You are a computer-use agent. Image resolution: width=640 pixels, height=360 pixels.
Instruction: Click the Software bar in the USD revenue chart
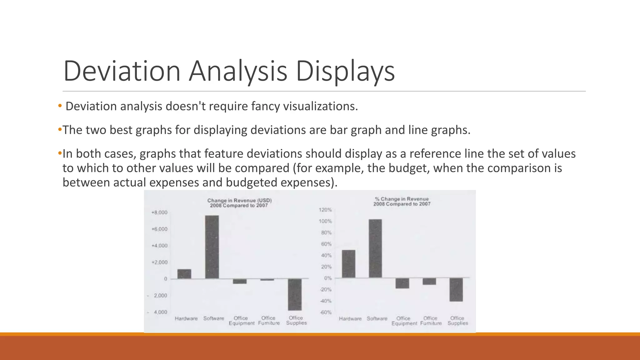click(x=212, y=247)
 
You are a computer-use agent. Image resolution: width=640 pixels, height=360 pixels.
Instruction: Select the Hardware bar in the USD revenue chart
click(x=184, y=274)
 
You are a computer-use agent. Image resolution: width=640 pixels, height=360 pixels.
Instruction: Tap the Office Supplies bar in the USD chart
click(x=295, y=294)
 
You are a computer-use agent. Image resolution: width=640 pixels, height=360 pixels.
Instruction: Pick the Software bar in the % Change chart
click(x=375, y=248)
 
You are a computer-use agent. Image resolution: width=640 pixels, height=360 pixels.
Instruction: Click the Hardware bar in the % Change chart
click(x=348, y=264)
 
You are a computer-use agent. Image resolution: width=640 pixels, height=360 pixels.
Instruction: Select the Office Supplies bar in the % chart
click(x=456, y=290)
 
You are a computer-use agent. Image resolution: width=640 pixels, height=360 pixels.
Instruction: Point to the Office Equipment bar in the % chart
click(x=402, y=283)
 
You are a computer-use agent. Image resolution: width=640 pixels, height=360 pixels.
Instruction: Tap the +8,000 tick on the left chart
click(x=159, y=212)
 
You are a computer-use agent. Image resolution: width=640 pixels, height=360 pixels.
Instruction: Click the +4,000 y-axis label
click(x=159, y=246)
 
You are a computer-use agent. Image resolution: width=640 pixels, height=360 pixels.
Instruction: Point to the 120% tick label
click(x=325, y=210)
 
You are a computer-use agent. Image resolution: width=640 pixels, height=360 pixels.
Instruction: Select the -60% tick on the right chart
click(x=325, y=312)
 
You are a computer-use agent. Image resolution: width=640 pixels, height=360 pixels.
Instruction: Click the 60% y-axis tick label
click(x=326, y=244)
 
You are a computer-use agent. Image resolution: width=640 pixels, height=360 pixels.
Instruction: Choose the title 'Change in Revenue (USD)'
click(x=239, y=200)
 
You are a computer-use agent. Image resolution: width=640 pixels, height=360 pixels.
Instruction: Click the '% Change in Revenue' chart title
click(x=402, y=199)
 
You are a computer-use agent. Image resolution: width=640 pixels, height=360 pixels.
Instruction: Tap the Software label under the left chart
click(x=214, y=318)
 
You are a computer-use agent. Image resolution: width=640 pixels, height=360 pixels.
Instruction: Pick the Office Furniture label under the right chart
click(x=431, y=321)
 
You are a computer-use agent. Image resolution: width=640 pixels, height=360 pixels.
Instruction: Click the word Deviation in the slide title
click(x=122, y=71)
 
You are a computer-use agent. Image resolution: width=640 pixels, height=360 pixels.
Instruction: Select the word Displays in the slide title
click(x=345, y=71)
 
